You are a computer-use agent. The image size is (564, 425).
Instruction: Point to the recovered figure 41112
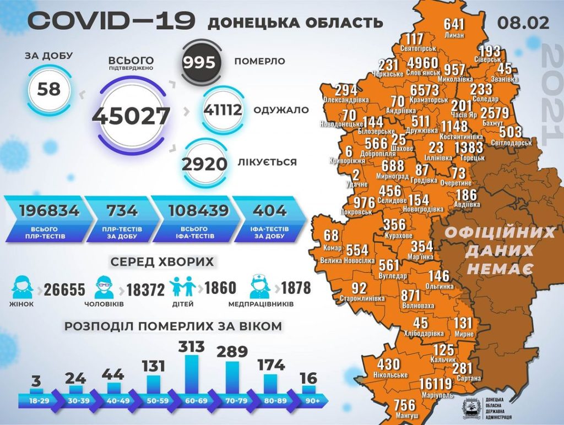click(223, 110)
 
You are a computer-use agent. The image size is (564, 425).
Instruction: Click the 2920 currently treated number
click(205, 164)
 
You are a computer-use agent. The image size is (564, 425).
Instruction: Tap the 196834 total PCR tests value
click(49, 210)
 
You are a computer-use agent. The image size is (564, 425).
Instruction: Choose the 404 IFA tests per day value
click(270, 210)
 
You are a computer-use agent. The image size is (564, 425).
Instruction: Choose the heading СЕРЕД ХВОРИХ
click(162, 262)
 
